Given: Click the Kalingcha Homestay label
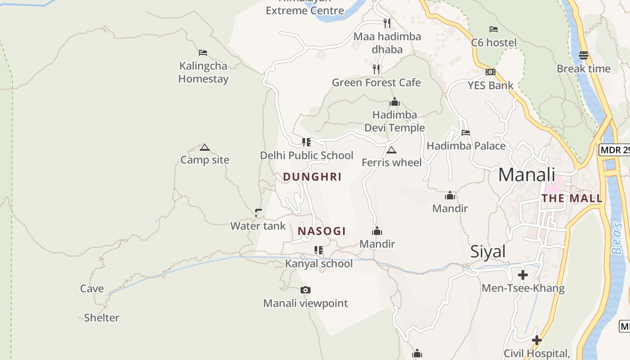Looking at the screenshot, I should (203, 72).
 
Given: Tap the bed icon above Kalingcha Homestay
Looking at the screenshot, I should (203, 53).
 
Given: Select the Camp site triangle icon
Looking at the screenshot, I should (205, 147).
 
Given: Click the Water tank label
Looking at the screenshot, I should (258, 225).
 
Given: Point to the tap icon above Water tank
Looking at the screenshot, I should (258, 212).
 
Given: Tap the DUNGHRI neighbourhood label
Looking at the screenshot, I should (312, 177).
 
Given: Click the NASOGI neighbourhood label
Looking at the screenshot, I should (322, 231).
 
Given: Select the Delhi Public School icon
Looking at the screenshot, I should (306, 142).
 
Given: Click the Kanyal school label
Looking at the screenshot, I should (319, 263).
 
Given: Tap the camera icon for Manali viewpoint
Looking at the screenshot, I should (306, 290).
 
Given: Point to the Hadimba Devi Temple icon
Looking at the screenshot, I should (395, 102).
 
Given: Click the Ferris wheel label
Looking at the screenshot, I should (391, 162).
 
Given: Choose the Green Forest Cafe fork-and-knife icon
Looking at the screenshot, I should (376, 69).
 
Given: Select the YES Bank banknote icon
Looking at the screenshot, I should (490, 72).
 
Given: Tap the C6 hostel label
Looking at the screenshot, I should (494, 43).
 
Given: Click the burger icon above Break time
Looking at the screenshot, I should (584, 55).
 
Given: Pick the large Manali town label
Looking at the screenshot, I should (526, 175).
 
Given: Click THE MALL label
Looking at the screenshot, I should (572, 198).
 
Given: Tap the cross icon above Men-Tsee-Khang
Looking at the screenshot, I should (523, 274).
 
